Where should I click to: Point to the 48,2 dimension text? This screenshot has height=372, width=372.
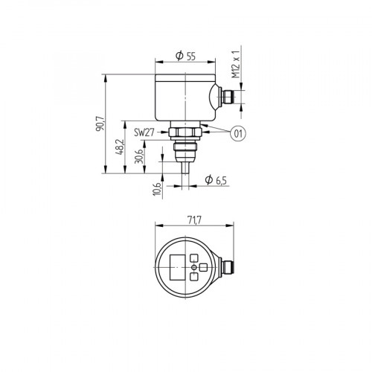pyautogui.click(x=119, y=148)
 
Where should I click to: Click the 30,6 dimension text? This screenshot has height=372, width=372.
pyautogui.click(x=138, y=158)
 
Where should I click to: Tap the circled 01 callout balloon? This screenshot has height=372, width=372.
pyautogui.click(x=237, y=134)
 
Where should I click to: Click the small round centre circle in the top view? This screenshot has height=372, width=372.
pyautogui.click(x=195, y=266)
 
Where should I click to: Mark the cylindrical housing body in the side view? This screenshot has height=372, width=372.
pyautogui.click(x=182, y=97)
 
